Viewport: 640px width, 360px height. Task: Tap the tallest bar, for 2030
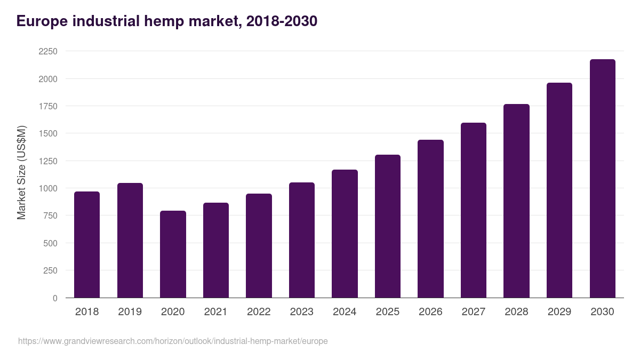click(x=602, y=179)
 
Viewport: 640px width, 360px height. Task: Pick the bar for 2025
click(x=387, y=226)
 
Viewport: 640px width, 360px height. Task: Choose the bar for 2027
click(x=474, y=210)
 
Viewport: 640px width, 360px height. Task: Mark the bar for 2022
click(x=259, y=245)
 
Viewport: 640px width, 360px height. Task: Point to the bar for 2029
click(x=559, y=190)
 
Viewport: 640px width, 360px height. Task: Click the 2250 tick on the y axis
click(x=47, y=51)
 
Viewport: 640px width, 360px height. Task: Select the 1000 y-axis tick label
click(x=47, y=188)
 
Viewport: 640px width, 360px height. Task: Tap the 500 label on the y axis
click(x=51, y=243)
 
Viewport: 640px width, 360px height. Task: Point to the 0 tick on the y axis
click(x=55, y=298)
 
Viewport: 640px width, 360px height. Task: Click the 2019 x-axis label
click(x=130, y=312)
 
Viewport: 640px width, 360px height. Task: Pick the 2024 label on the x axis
click(x=345, y=312)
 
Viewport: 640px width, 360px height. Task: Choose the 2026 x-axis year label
click(x=430, y=312)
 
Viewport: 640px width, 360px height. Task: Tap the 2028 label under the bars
click(x=516, y=312)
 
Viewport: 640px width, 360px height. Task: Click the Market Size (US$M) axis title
click(x=21, y=173)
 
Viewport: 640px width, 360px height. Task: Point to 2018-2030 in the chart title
click(x=282, y=21)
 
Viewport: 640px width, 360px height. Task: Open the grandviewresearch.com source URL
click(x=173, y=341)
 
